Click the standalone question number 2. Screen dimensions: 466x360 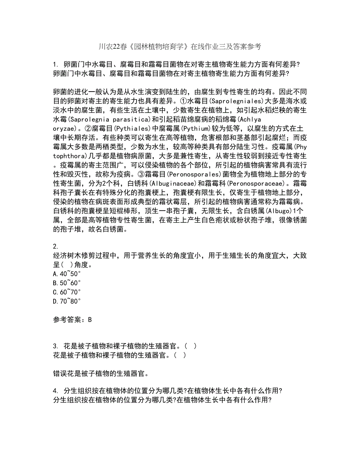point(55,246)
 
